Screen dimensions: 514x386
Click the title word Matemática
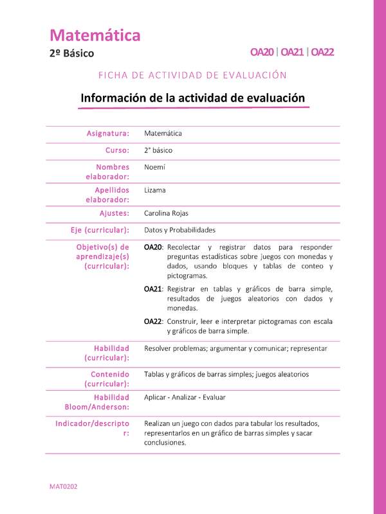95,35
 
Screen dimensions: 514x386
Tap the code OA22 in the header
322,53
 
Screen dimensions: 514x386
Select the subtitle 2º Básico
71,53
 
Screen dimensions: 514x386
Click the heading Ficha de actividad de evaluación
192,75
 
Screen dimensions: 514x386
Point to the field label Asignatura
107,134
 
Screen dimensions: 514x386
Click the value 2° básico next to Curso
158,150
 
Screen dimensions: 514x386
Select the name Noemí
155,167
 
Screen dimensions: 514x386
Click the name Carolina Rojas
167,213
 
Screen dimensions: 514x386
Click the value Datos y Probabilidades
179,230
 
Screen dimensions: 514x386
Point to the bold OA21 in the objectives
152,289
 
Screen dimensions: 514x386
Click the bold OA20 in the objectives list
152,247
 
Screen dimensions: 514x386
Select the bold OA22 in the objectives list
152,321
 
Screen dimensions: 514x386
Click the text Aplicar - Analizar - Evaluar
185,397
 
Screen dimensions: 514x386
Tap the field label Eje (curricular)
100,230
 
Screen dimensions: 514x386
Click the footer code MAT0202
63,488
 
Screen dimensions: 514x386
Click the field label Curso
117,150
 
